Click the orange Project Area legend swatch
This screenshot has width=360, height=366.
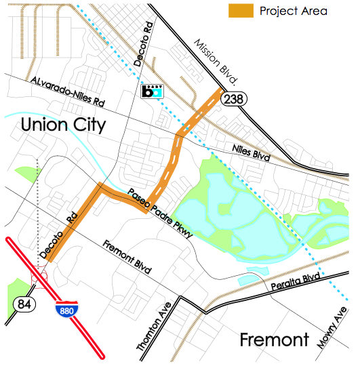[241, 11]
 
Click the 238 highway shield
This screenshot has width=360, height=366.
[236, 98]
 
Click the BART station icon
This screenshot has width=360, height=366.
[153, 91]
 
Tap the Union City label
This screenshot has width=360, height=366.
[62, 125]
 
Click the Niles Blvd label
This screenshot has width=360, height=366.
[247, 152]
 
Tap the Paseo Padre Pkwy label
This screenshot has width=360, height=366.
[163, 213]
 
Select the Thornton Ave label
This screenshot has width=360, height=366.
[151, 327]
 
